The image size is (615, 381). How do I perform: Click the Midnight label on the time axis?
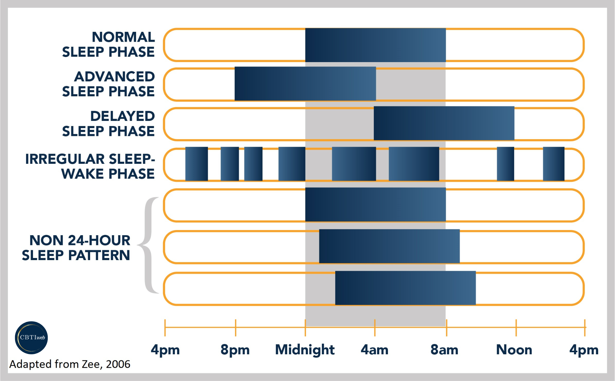tap(305, 350)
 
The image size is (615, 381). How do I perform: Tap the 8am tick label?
tap(444, 350)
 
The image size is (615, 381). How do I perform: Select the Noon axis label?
tap(514, 350)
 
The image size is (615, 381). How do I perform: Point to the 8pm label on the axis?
tap(235, 350)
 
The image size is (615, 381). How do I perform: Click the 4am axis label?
tap(374, 350)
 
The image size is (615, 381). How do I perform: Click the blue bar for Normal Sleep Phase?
tap(375, 45)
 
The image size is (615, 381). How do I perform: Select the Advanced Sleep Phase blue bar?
tap(305, 84)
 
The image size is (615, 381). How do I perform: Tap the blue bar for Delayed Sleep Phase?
tap(444, 123)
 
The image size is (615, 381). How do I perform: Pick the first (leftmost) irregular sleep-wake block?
tap(196, 164)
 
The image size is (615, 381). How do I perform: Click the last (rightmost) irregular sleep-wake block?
tap(553, 164)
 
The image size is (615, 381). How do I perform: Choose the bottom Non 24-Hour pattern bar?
tap(405, 288)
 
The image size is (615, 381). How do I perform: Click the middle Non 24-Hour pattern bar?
tap(389, 246)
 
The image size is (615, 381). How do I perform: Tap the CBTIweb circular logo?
tap(31, 337)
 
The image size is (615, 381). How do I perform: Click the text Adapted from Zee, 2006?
tap(70, 364)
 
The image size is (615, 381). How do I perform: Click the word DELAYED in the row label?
tap(123, 116)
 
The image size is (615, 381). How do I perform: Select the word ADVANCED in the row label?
tap(114, 76)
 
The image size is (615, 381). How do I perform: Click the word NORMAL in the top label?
tap(123, 37)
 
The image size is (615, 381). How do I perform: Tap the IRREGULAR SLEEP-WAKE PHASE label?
tap(90, 166)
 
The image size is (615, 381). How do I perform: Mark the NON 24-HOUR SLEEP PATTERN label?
tap(76, 248)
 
